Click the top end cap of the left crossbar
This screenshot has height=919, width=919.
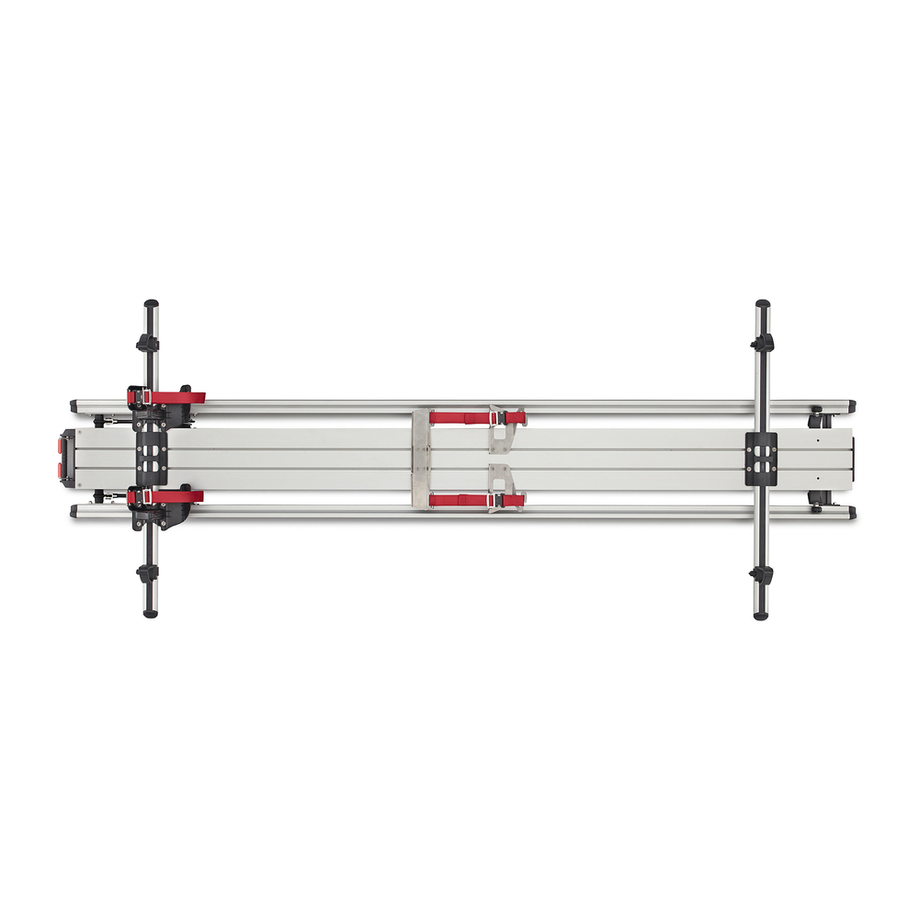[x=150, y=304]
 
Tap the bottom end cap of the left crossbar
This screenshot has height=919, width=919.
[x=150, y=611]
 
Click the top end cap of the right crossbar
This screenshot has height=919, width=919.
[x=762, y=304]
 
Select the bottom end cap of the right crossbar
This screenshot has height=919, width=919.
[x=761, y=613]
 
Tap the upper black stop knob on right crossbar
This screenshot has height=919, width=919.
[x=762, y=343]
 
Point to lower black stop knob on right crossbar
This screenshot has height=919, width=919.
[x=761, y=575]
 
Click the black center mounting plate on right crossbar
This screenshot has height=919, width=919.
[x=761, y=458]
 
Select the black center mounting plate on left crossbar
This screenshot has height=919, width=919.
[x=149, y=457]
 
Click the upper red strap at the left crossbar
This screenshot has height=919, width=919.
[x=176, y=397]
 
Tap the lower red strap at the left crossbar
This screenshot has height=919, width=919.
[x=176, y=496]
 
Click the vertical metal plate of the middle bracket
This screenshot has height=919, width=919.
[x=421, y=459]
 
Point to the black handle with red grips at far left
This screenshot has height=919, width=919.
[x=66, y=458]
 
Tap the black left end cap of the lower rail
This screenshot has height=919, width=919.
[x=74, y=511]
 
